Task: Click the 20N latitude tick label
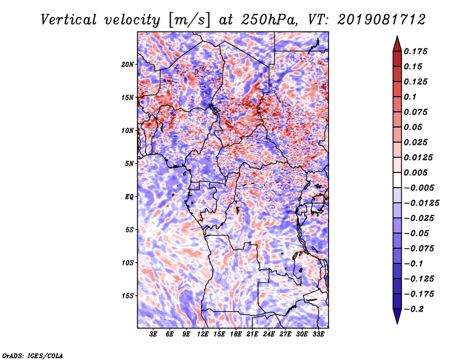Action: click(128, 64)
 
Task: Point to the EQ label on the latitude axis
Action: click(129, 197)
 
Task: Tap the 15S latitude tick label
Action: click(128, 296)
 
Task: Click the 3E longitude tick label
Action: click(153, 334)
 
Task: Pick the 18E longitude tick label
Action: click(236, 334)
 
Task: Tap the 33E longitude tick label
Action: click(319, 334)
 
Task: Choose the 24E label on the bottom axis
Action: click(269, 334)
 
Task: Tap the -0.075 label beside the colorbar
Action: click(419, 249)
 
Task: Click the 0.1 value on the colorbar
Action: click(410, 97)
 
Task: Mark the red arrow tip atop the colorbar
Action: click(397, 39)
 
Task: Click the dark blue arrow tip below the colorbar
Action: click(397, 321)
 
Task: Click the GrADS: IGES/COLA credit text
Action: click(32, 355)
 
